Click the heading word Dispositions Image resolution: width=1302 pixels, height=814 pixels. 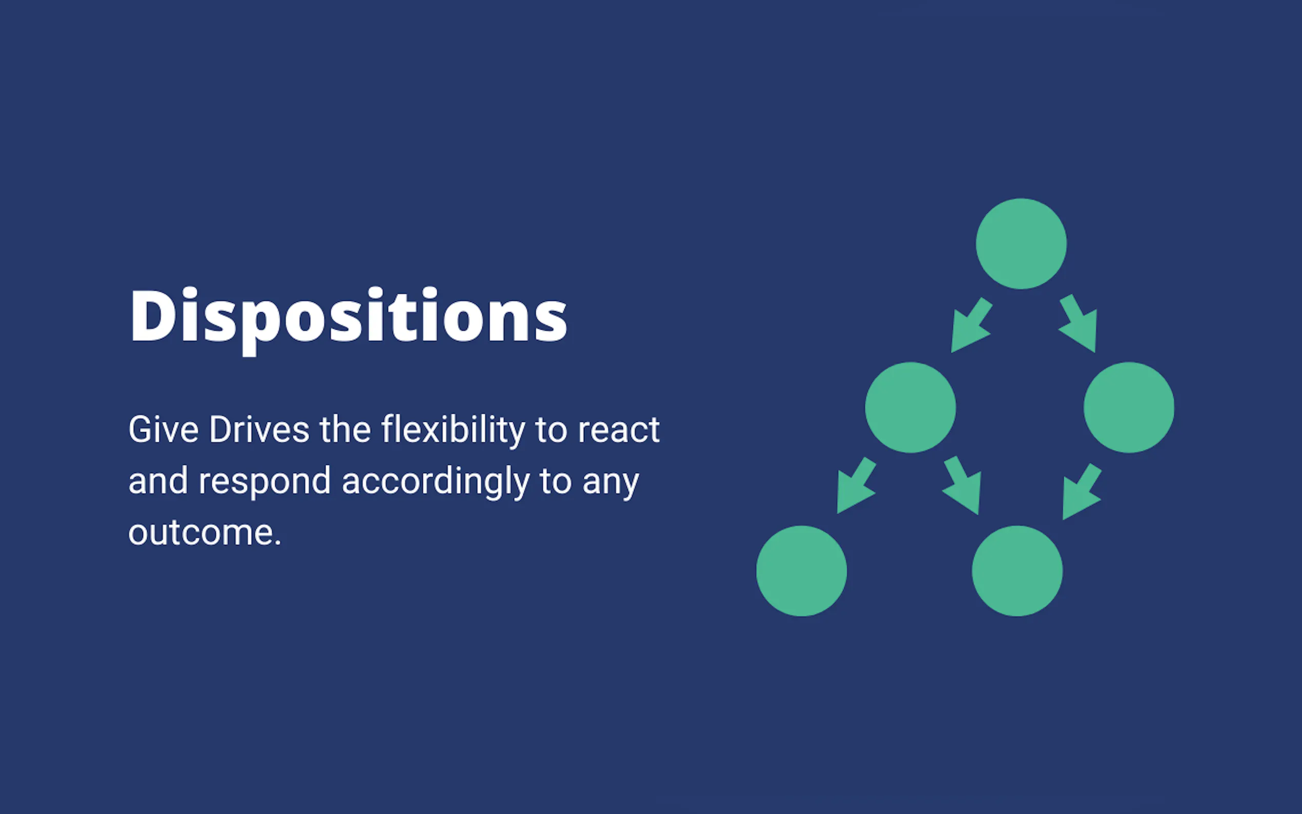click(x=348, y=321)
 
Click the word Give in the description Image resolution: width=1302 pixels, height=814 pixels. click(x=164, y=430)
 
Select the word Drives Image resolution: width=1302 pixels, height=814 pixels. click(x=259, y=430)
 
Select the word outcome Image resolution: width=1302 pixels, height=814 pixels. click(x=205, y=533)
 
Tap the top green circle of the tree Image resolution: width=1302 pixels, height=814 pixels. click(x=1021, y=244)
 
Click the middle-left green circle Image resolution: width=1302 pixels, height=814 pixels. click(x=910, y=408)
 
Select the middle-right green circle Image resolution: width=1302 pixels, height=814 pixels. click(x=1129, y=408)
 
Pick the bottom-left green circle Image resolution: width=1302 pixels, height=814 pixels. click(x=801, y=571)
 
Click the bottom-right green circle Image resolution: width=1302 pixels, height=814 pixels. click(x=1018, y=571)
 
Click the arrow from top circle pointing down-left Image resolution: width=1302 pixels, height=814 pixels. click(x=970, y=325)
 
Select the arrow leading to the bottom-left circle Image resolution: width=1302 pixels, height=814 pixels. click(x=857, y=485)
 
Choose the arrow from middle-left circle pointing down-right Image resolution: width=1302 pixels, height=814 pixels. click(x=962, y=485)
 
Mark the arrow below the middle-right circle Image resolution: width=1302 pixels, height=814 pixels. click(x=1082, y=492)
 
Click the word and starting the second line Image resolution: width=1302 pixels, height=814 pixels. click(x=158, y=481)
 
